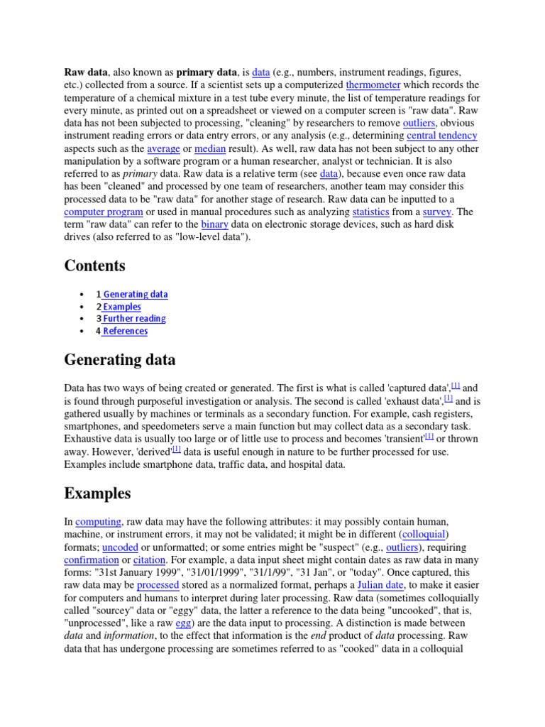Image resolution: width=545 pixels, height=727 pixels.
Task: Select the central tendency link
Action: click(x=441, y=135)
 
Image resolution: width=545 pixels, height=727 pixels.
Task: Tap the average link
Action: click(x=163, y=148)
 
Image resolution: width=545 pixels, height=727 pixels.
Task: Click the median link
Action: click(x=209, y=148)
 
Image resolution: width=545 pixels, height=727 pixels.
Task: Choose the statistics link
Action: click(x=370, y=212)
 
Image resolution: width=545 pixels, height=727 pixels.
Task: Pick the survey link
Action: click(x=437, y=212)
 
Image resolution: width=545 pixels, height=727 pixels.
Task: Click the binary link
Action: click(x=215, y=224)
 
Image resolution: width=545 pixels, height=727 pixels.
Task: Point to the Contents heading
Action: click(x=94, y=266)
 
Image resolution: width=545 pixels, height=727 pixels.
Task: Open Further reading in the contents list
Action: click(x=134, y=319)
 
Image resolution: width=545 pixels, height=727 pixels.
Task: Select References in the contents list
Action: click(x=125, y=331)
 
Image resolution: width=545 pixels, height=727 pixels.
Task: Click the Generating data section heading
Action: click(x=119, y=360)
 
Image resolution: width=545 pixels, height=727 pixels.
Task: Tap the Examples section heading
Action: click(x=97, y=493)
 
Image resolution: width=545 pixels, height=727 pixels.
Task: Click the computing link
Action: click(x=98, y=522)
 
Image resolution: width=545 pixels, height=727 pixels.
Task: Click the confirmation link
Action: click(x=92, y=560)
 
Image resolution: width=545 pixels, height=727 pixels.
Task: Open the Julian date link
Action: click(x=378, y=585)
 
